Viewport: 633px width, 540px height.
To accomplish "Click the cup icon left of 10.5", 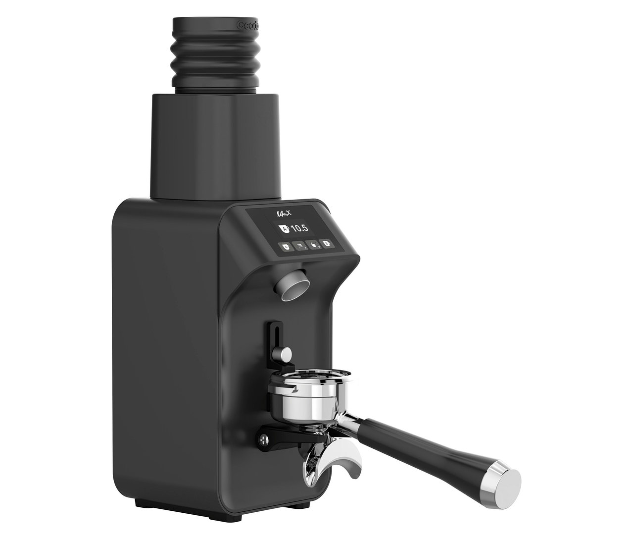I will [x=284, y=229].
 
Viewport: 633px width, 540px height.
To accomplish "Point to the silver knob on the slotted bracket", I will [x=285, y=354].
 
